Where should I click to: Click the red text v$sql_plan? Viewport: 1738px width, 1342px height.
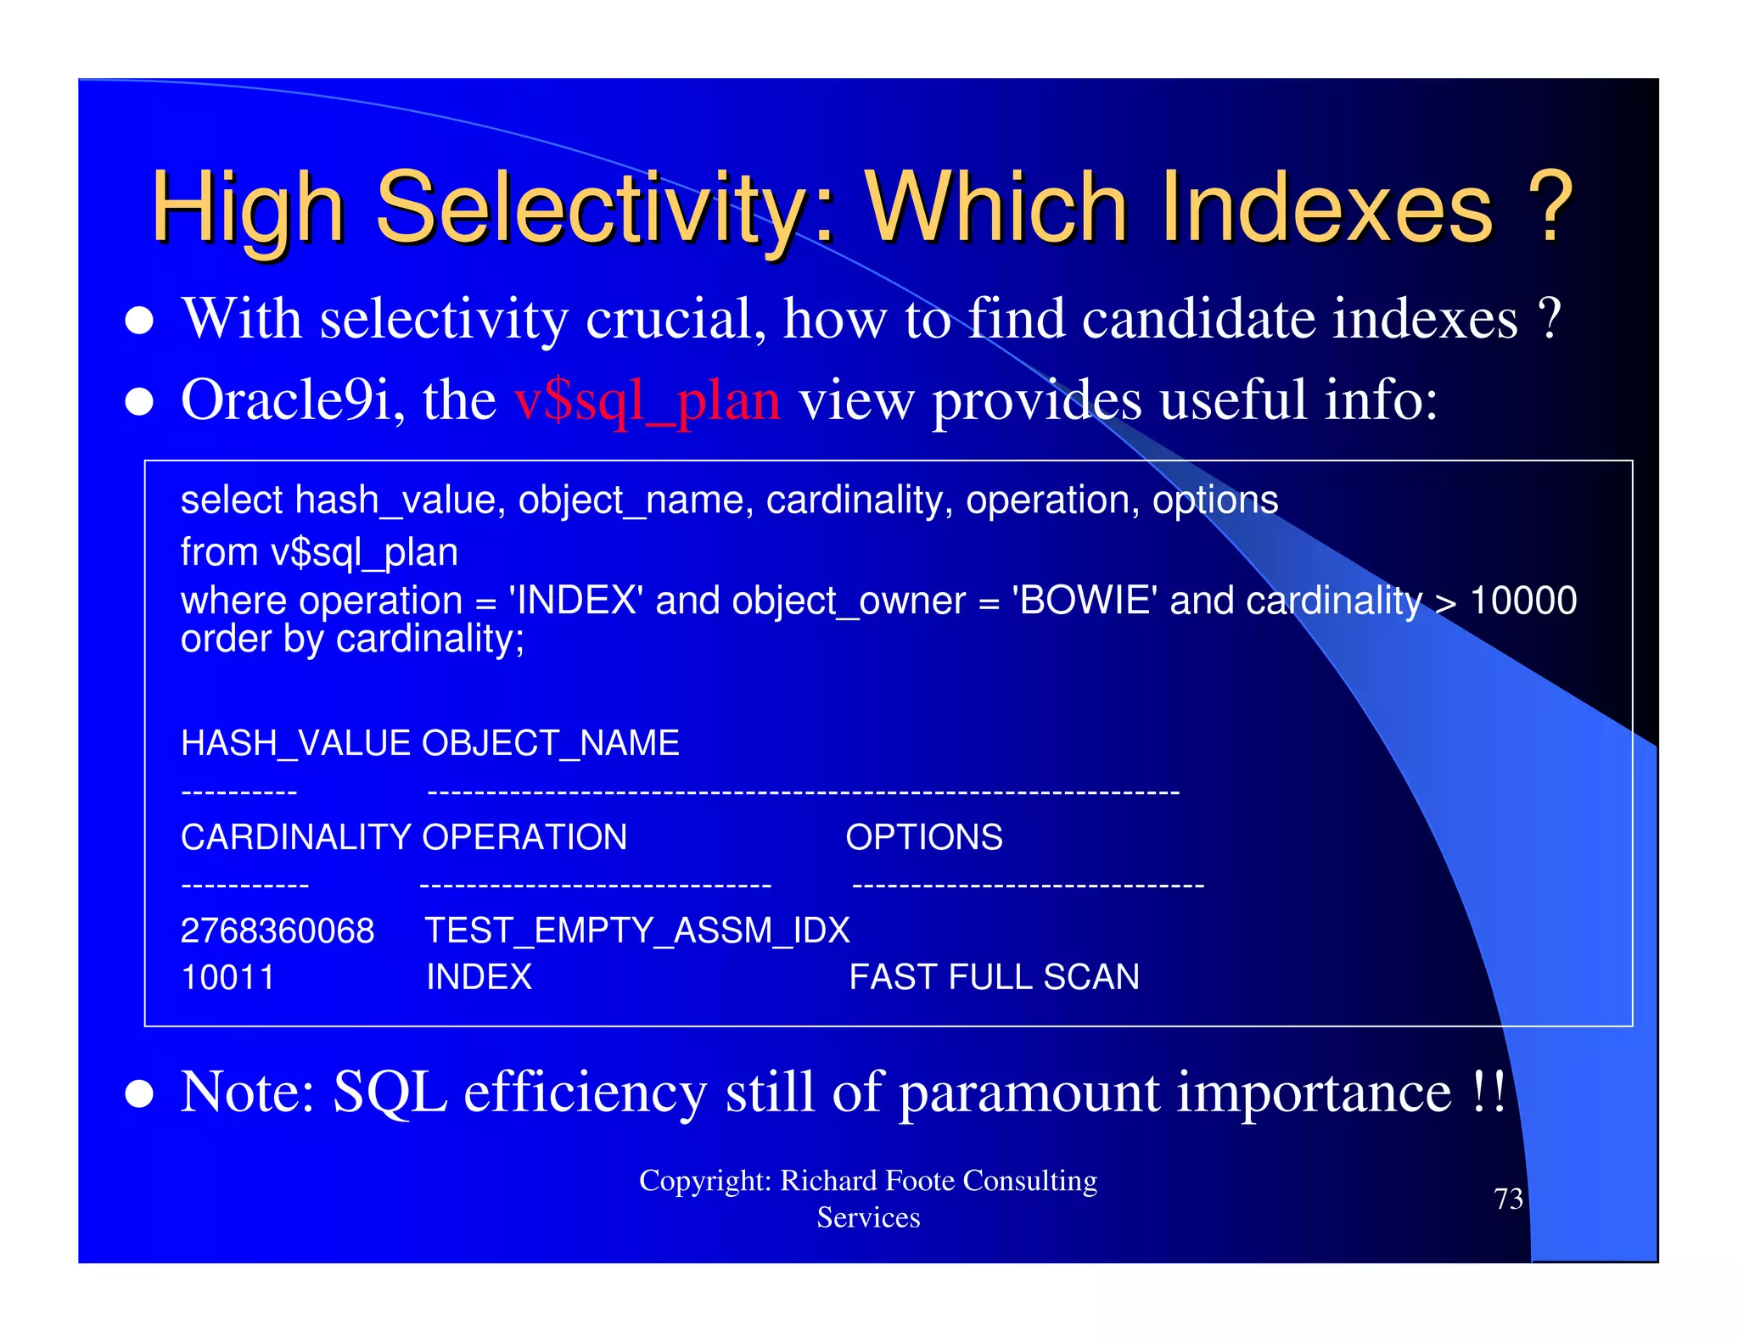click(647, 400)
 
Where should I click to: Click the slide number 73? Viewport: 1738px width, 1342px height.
click(1508, 1199)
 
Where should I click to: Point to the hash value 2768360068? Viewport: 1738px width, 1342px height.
click(277, 931)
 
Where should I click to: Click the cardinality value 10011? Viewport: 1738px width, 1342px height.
click(227, 977)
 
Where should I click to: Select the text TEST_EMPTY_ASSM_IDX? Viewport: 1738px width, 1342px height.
click(636, 931)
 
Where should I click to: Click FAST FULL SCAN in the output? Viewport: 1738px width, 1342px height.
click(994, 977)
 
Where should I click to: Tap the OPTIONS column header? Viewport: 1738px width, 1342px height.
click(923, 837)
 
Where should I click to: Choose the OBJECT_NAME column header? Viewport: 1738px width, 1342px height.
click(550, 743)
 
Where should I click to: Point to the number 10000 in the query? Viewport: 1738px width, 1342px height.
click(1522, 601)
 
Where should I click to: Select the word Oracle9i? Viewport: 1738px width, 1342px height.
click(286, 400)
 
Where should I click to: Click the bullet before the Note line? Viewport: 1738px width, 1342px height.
click(139, 1094)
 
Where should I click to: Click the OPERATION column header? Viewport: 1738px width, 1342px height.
click(524, 837)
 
